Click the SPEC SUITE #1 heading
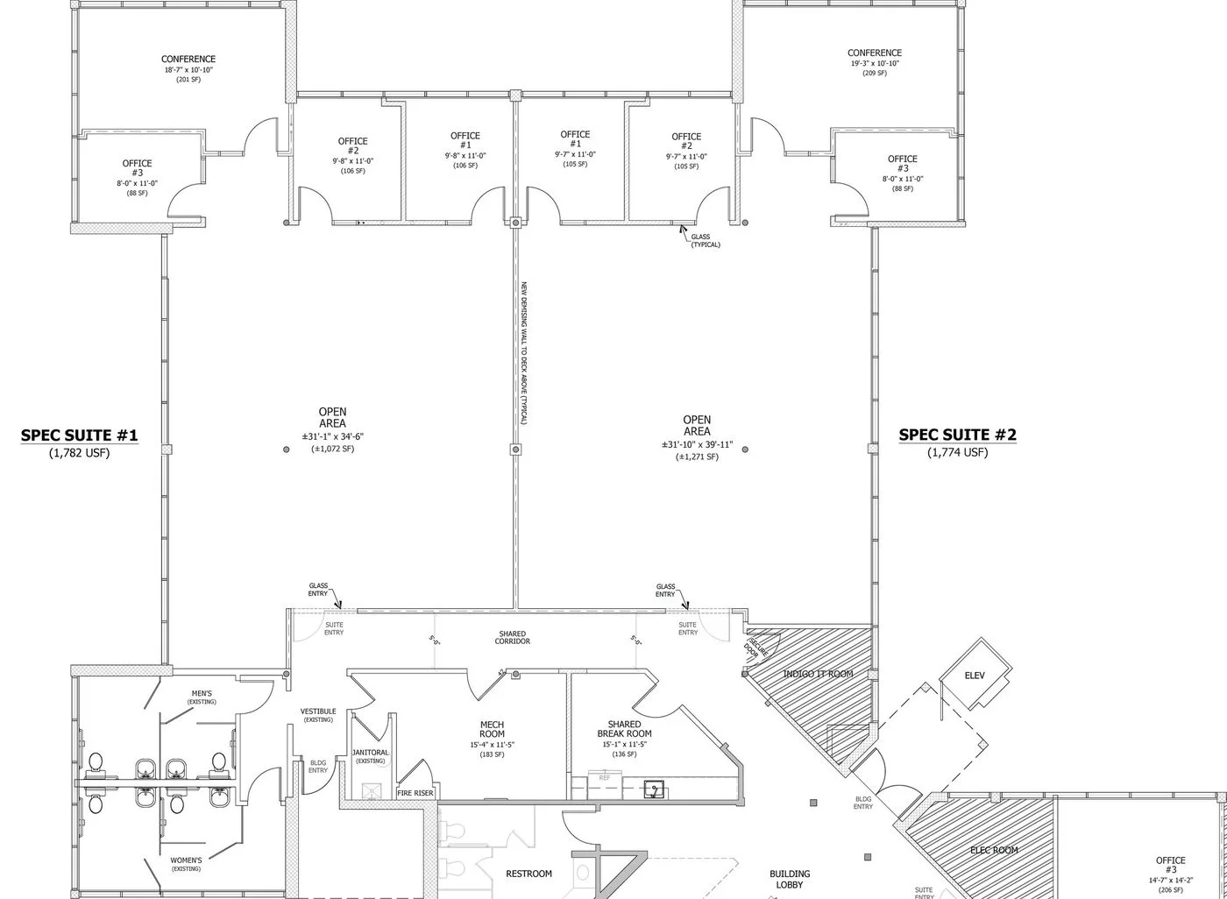click(79, 435)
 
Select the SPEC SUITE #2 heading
click(958, 435)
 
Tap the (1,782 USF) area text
click(80, 453)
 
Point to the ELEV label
click(975, 676)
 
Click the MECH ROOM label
click(492, 729)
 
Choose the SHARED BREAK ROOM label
click(624, 729)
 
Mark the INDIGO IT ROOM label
click(818, 674)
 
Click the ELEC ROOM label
click(994, 850)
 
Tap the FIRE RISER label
click(415, 793)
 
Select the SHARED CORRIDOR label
click(513, 637)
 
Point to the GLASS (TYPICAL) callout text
click(705, 240)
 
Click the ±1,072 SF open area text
click(333, 449)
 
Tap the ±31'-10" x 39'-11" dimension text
click(697, 445)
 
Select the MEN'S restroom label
click(202, 693)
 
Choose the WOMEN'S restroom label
click(186, 860)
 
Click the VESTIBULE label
click(318, 711)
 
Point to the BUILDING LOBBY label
click(790, 879)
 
